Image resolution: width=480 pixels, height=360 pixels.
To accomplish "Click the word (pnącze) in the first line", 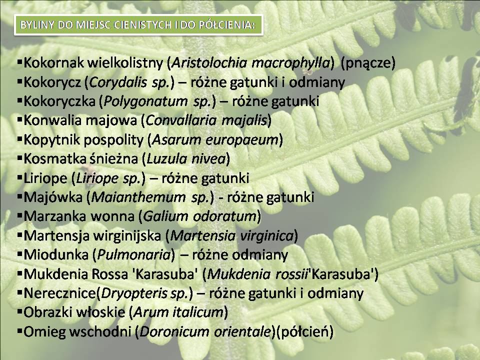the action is [368, 63].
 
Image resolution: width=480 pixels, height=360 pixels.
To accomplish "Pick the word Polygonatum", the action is [145, 101].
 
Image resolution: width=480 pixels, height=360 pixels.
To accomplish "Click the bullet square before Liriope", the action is [20, 177].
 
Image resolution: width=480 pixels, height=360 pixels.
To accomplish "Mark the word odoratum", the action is [226, 216].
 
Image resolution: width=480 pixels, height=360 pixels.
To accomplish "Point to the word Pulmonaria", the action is [134, 255].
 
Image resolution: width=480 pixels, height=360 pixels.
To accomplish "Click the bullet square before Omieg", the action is [20, 331].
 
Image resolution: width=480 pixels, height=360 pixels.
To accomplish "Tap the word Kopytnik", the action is [51, 140].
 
